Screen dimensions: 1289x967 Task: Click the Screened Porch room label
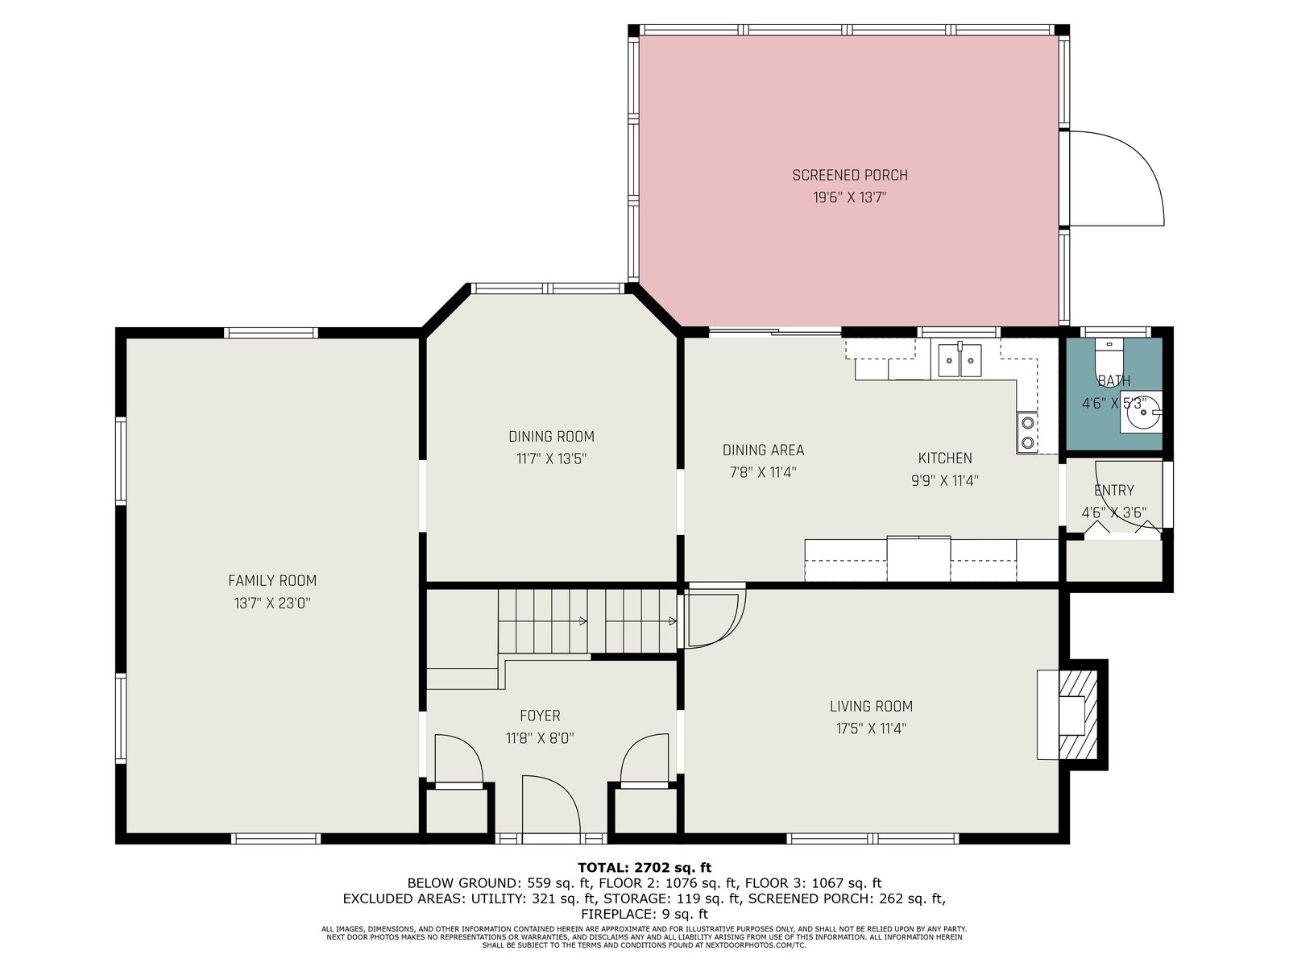pyautogui.click(x=849, y=175)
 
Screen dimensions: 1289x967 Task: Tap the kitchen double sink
pyautogui.click(x=959, y=359)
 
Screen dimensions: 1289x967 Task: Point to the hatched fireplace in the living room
pyautogui.click(x=1078, y=715)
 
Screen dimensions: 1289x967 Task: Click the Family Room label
pyautogui.click(x=271, y=581)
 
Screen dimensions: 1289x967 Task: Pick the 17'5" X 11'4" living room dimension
pyautogui.click(x=871, y=728)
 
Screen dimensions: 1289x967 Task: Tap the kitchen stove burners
pyautogui.click(x=1027, y=432)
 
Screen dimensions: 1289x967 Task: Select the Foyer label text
pyautogui.click(x=540, y=716)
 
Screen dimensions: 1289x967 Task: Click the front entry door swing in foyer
pyautogui.click(x=551, y=809)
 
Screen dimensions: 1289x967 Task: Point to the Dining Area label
pyautogui.click(x=763, y=450)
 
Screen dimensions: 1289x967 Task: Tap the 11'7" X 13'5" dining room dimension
pyautogui.click(x=551, y=459)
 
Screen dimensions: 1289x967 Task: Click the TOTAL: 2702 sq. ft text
pyautogui.click(x=644, y=867)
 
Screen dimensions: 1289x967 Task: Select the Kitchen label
pyautogui.click(x=945, y=458)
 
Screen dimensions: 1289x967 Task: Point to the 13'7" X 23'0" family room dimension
pyautogui.click(x=271, y=603)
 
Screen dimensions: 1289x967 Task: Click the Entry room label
pyautogui.click(x=1114, y=490)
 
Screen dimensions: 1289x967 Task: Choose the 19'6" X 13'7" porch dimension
pyautogui.click(x=849, y=197)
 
